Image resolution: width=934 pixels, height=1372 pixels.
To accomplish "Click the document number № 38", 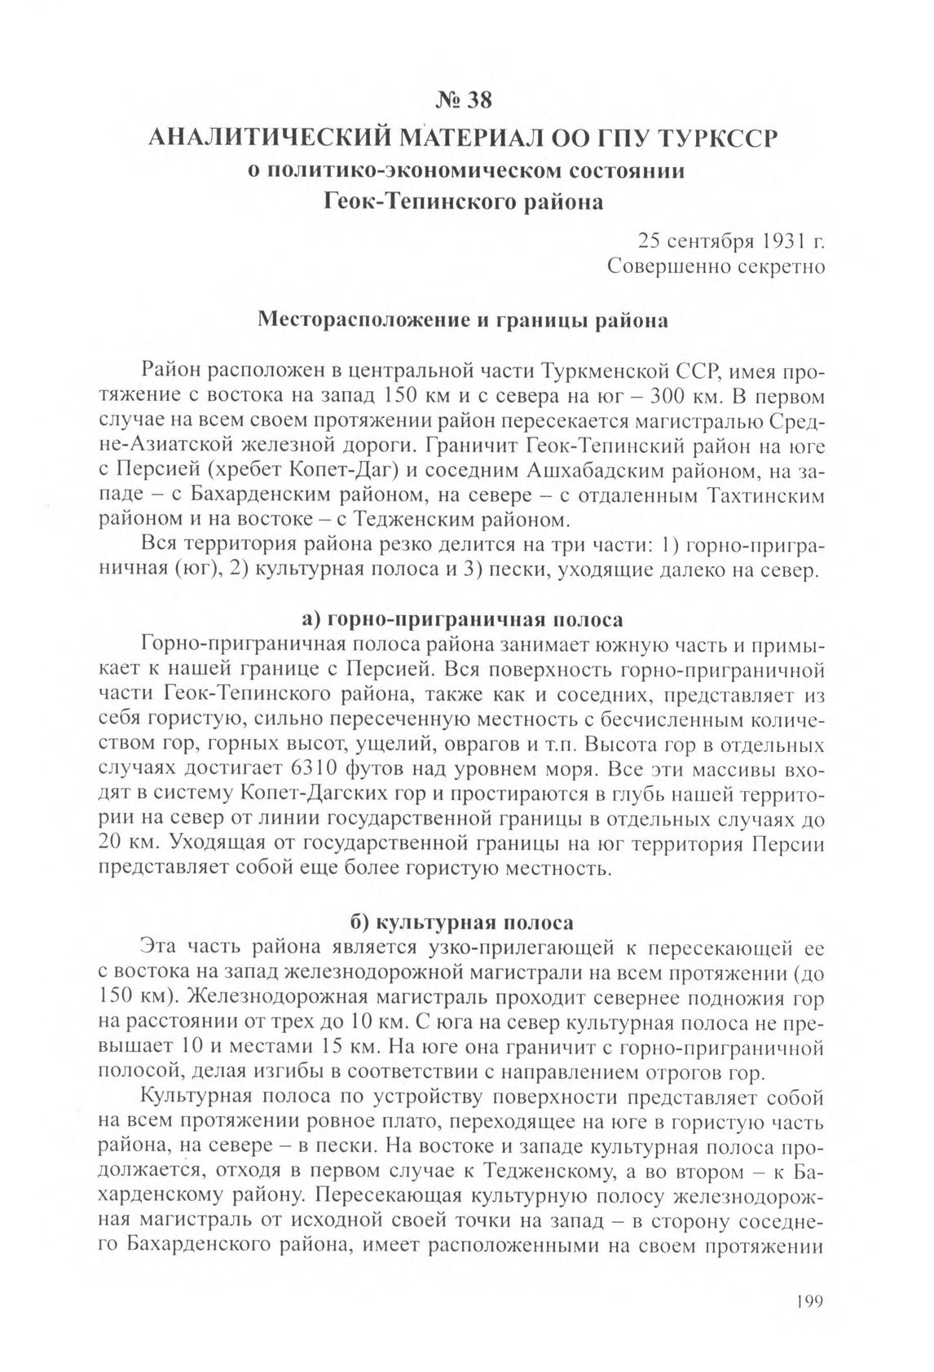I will (465, 100).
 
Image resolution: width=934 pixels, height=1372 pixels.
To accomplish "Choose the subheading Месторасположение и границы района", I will (462, 320).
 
